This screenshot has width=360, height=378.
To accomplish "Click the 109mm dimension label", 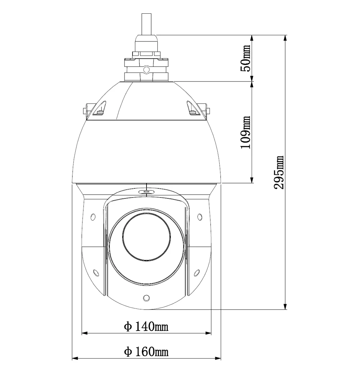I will pyautogui.click(x=245, y=132).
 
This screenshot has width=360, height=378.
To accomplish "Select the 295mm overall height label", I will pyautogui.click(x=278, y=172).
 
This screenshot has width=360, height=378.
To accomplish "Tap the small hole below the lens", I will pyautogui.click(x=146, y=298).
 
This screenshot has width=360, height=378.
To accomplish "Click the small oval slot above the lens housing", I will pyautogui.click(x=146, y=192).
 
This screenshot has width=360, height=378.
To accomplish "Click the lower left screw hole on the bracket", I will pyautogui.click(x=96, y=273).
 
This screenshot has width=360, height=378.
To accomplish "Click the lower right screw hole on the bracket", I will pyautogui.click(x=197, y=273).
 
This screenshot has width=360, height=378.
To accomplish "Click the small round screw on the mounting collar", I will pyautogui.click(x=146, y=69).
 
